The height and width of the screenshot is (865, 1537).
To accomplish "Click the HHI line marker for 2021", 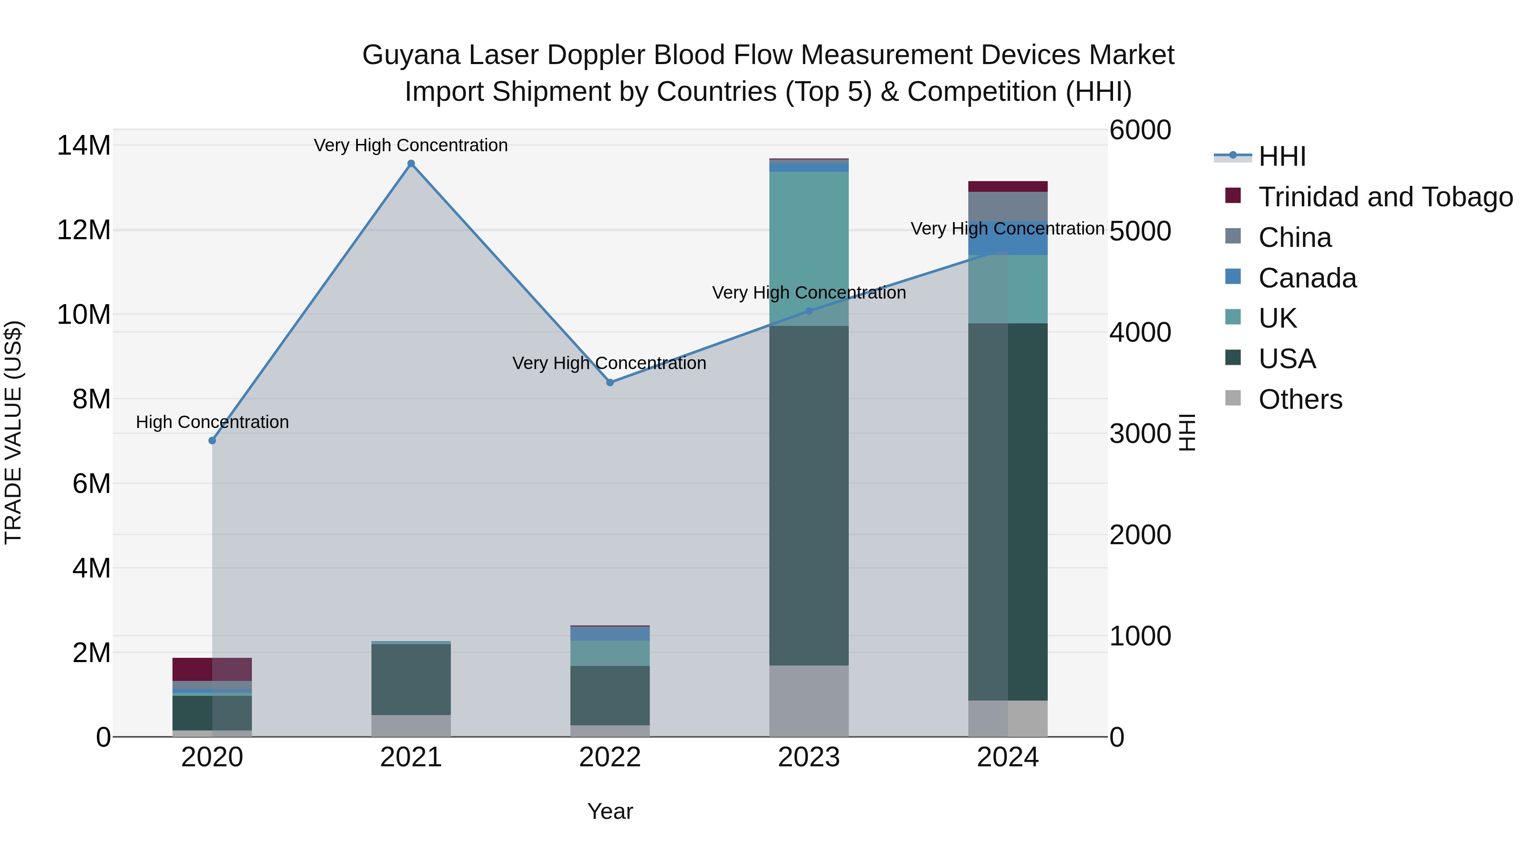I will click(x=411, y=164).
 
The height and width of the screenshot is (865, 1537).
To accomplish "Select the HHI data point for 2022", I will click(x=610, y=383).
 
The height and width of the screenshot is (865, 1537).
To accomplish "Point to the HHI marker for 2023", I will click(x=809, y=311).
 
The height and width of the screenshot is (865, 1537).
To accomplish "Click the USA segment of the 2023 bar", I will click(x=809, y=496).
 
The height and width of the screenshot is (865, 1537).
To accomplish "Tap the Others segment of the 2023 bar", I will click(x=809, y=701).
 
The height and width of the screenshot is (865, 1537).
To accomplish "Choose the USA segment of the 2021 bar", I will click(x=411, y=679).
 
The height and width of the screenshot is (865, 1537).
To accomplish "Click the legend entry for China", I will click(x=1295, y=238).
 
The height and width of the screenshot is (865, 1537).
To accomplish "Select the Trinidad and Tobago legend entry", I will click(x=1385, y=197).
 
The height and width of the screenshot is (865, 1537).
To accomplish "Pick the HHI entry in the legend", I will click(x=1282, y=156).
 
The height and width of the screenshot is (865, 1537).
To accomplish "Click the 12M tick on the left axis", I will click(x=84, y=230).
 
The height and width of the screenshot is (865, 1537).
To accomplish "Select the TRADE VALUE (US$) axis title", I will click(x=13, y=432).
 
